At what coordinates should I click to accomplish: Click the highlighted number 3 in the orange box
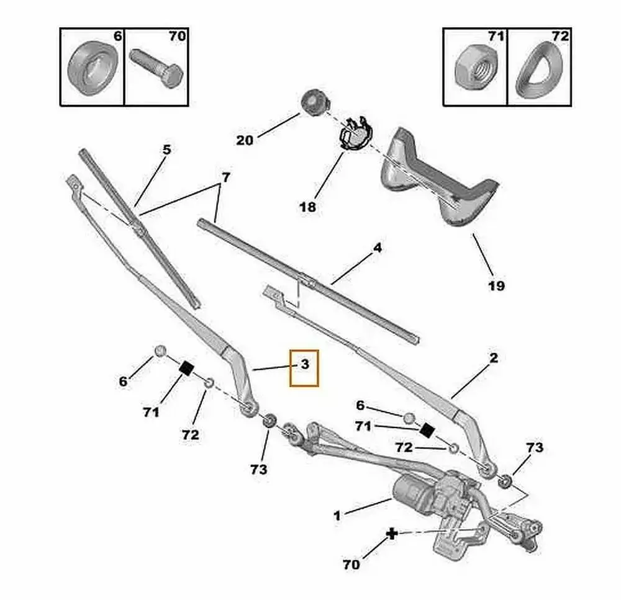coord(304,365)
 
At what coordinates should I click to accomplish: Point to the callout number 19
coord(496,285)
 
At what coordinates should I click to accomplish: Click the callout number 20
coord(245,140)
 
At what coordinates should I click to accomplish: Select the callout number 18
coord(307,207)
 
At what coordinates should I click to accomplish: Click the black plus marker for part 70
coord(392,534)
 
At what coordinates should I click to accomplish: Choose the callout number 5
coord(166,149)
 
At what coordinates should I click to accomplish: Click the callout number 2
coord(493,358)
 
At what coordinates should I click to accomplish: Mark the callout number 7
coord(226,177)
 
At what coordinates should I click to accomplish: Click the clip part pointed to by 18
coord(352,133)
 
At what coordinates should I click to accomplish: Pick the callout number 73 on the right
coord(535,447)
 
